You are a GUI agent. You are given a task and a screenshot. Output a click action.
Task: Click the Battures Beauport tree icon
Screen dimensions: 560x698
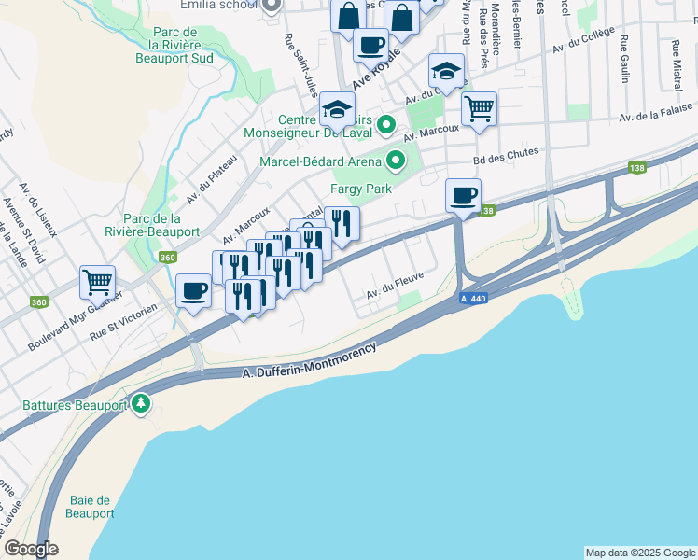[x=141, y=403]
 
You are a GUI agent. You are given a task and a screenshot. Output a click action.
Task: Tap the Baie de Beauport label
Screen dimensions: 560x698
[x=91, y=507]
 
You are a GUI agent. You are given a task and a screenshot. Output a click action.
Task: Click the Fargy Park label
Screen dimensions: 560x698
[x=358, y=189]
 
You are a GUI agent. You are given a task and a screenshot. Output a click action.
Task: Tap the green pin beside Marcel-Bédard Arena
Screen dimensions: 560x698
[x=396, y=161]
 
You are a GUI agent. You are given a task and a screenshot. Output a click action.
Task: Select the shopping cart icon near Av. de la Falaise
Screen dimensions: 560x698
[x=479, y=107]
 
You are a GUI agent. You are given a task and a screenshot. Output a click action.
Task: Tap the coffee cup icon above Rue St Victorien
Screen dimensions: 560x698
[x=193, y=290]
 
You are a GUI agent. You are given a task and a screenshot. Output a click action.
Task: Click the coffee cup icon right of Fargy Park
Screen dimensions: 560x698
[x=463, y=195]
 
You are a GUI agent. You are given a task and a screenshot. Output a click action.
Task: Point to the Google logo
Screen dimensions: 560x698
[x=31, y=550]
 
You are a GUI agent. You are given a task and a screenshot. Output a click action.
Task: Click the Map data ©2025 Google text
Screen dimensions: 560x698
[x=639, y=553]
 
